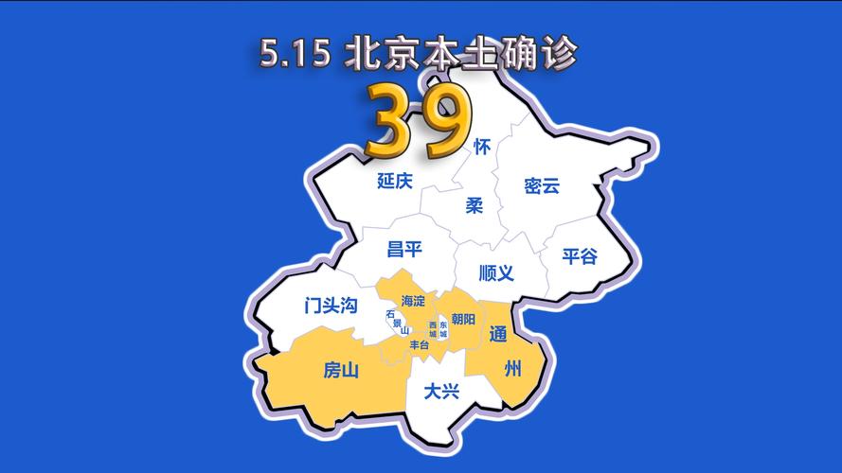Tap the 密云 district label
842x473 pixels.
pos(542,186)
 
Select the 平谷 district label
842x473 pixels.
pos(580,256)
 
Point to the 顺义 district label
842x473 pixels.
pos(496,273)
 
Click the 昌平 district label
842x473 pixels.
pos(404,250)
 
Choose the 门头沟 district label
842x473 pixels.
pos(331,306)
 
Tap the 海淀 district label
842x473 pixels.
pos(413,300)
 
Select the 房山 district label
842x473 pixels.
pos(341,371)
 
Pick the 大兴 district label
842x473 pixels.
pos(441,391)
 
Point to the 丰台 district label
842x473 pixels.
pos(419,345)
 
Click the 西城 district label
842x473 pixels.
pos(433,329)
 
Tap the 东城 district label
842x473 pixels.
pos(443,329)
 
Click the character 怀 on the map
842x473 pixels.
pos(482,148)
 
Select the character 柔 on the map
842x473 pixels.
pos(475,205)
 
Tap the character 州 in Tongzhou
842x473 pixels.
pos(512,369)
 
